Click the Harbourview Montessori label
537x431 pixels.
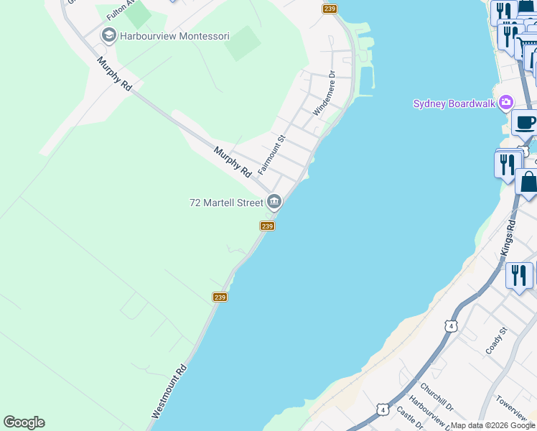click(175, 35)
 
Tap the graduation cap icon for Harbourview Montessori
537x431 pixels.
click(109, 34)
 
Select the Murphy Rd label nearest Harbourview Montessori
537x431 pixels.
click(116, 74)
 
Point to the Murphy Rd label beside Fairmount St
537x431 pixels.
click(233, 162)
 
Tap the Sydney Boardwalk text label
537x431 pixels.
click(454, 103)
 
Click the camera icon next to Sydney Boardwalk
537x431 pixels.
click(506, 103)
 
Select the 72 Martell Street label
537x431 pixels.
click(226, 203)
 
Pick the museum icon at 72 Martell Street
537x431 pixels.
click(274, 203)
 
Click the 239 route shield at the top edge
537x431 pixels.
click(330, 9)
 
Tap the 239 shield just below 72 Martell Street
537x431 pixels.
click(266, 226)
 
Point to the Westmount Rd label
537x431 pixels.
click(169, 391)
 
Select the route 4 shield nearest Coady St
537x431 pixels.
click(451, 326)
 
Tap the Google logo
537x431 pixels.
click(24, 422)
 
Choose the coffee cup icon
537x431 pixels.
click(526, 123)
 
